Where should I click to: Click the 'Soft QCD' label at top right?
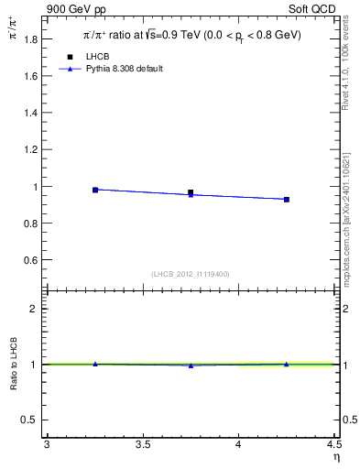[314, 8]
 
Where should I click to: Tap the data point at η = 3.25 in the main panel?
[95, 190]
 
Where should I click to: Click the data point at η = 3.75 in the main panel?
[191, 193]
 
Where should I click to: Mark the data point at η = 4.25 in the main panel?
[287, 199]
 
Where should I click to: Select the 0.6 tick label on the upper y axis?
[32, 260]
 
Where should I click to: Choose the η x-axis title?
[335, 457]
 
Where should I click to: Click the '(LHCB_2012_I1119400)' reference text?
[191, 273]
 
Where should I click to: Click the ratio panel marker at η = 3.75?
[191, 365]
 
